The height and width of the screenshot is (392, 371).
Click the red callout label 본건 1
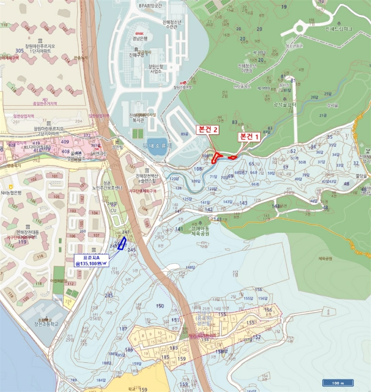point(250,136)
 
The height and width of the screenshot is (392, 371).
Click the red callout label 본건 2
point(207,129)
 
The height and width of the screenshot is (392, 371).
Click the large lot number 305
point(20,51)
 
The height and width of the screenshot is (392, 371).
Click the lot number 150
point(160,306)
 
